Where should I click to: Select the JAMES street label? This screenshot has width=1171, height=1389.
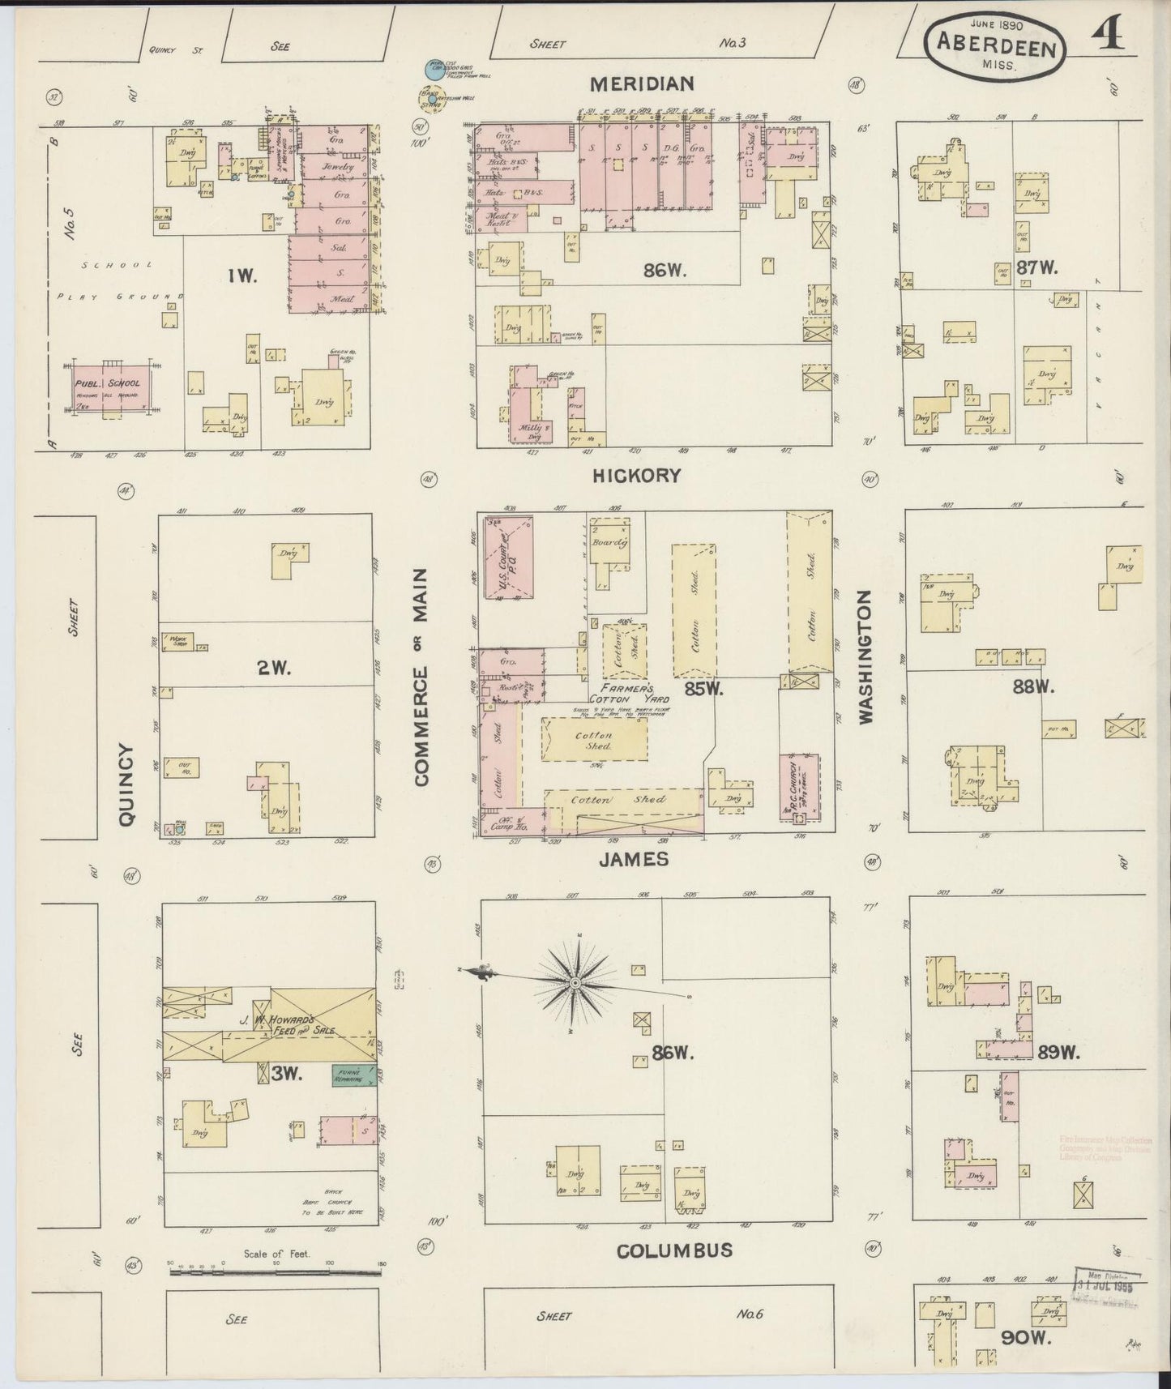click(634, 859)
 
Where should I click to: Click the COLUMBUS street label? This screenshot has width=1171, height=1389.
click(674, 1272)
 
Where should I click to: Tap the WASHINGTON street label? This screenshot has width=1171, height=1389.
click(865, 656)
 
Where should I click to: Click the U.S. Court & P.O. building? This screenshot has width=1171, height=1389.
click(506, 556)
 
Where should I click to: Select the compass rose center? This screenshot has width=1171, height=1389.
click(574, 983)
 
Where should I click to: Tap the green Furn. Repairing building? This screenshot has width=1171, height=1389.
click(351, 1076)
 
